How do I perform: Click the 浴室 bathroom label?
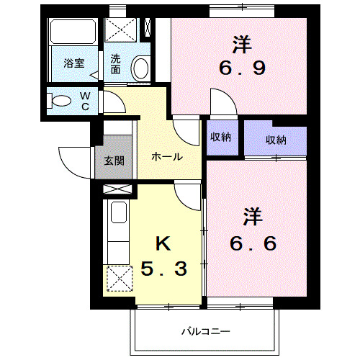[x=74, y=63]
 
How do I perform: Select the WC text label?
[x=84, y=101]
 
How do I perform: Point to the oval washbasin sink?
[x=141, y=68]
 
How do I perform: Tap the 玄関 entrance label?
[x=114, y=161]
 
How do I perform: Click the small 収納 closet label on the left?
[x=220, y=137]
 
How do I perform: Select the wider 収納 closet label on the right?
[x=275, y=140]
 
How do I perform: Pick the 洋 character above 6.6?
[x=251, y=215]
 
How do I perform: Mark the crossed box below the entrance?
[x=118, y=190]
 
